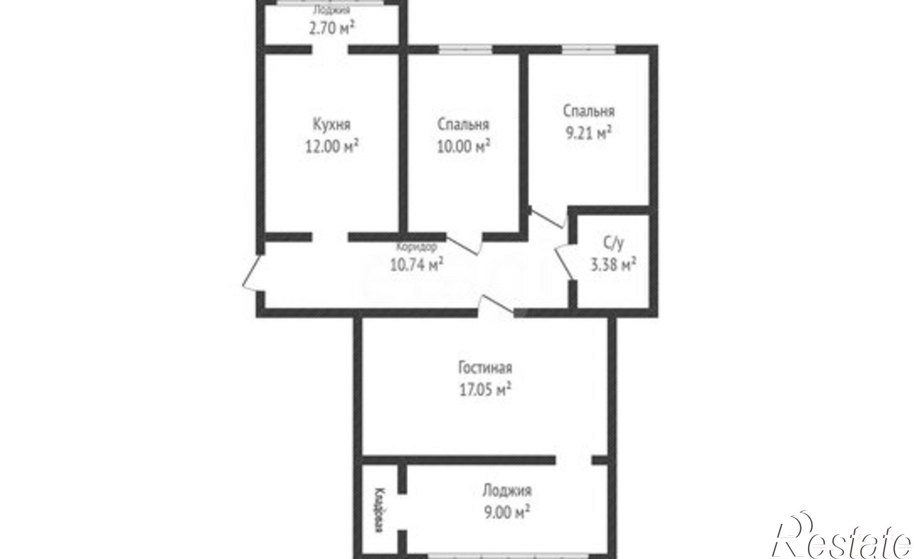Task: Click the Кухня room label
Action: coord(332,125)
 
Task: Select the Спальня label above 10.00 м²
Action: coord(463,125)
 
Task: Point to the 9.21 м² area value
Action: coord(589,133)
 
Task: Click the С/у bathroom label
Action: coord(613,244)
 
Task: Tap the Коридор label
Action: coord(416,247)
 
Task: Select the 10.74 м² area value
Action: coord(416,265)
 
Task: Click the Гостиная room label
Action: coord(485,367)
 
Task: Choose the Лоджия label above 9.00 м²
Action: coord(507,491)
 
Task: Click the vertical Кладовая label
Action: coord(379,511)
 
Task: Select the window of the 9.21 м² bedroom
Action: coord(589,49)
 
